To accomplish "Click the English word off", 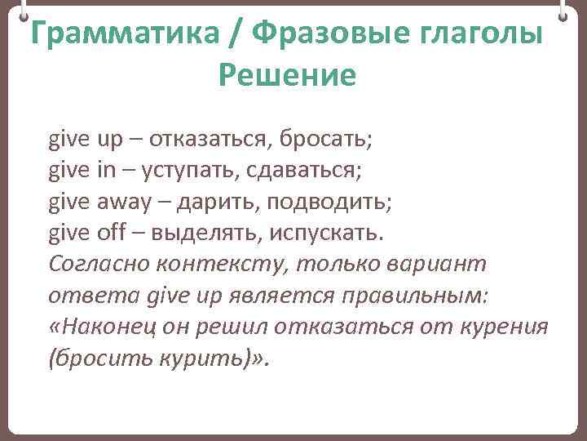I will point(112,233).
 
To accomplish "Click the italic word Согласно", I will point(95,265).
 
